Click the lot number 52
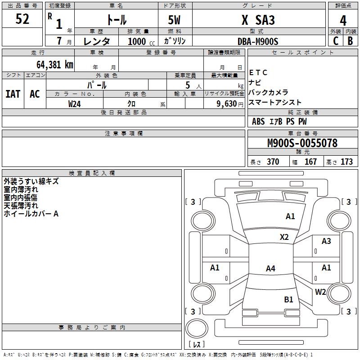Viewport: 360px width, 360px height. (22, 19)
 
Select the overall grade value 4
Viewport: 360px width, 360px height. (343, 21)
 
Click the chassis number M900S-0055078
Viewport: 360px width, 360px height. (302, 144)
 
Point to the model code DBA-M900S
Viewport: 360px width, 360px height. (258, 41)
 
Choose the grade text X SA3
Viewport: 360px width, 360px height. (258, 20)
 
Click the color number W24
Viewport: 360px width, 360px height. (75, 104)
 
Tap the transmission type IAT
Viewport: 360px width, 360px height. (13, 94)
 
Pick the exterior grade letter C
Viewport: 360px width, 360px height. (336, 41)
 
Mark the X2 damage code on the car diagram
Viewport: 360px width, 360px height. (284, 237)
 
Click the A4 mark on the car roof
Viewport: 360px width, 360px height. (270, 269)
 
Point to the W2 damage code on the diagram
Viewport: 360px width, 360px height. (320, 292)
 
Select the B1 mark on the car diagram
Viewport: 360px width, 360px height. (288, 299)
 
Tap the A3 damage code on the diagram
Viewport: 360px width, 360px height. (326, 241)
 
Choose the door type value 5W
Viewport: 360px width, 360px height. (175, 20)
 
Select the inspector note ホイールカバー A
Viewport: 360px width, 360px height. (31, 214)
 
